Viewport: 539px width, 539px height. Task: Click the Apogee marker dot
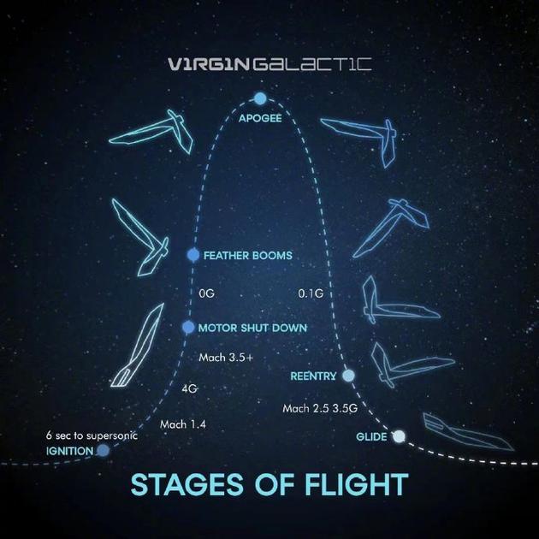point(260,98)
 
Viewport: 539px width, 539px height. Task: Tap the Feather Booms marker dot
point(193,255)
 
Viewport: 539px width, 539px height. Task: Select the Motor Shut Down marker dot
point(188,327)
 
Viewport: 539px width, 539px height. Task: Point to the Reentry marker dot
point(348,376)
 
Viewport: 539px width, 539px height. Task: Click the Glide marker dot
point(399,436)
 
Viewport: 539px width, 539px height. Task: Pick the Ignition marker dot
point(104,450)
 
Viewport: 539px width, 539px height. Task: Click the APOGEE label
point(260,118)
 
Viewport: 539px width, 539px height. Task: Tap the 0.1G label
point(311,293)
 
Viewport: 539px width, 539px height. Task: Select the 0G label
point(206,293)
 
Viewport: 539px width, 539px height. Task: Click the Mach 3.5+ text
point(226,358)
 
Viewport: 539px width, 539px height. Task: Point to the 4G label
point(189,388)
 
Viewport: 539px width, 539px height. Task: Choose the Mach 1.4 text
point(183,424)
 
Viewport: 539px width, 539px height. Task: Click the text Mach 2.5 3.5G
point(320,408)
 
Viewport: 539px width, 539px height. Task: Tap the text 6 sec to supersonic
point(92,435)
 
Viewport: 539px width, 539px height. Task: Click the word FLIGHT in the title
point(357,484)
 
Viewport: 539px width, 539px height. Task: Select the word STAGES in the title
point(187,484)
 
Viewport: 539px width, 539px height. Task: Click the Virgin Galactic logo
point(269,64)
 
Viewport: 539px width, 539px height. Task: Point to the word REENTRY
point(313,376)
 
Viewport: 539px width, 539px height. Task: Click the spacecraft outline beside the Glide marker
point(467,432)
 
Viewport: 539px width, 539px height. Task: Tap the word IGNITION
point(70,451)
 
